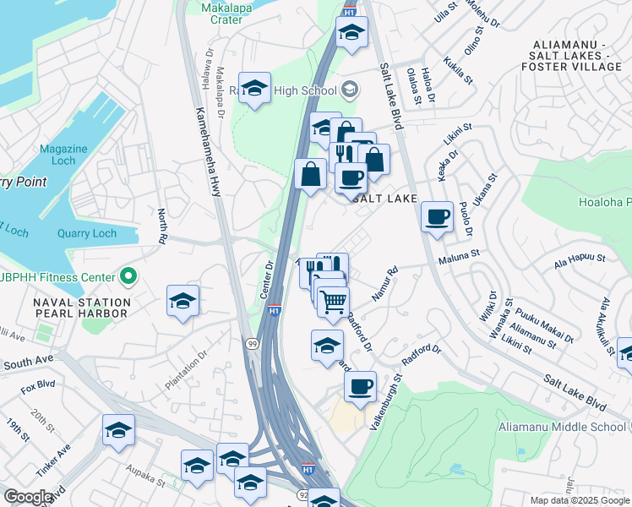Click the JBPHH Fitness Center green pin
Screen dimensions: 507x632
(x=128, y=276)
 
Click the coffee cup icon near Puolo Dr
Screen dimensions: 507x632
(x=437, y=216)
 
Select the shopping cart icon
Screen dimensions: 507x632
(x=334, y=300)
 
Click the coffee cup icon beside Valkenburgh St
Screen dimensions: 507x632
(x=361, y=386)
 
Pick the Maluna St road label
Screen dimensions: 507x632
(x=458, y=253)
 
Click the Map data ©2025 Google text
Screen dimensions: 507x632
(x=579, y=500)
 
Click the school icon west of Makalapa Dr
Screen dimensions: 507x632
(x=253, y=88)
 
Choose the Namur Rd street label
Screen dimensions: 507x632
(x=384, y=285)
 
